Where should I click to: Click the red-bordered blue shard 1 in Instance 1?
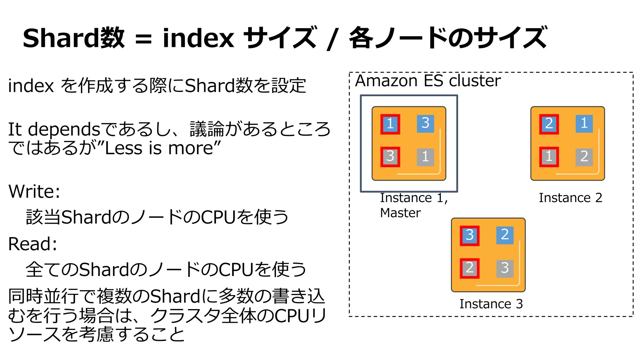[x=390, y=124]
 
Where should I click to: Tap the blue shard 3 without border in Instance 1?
[x=425, y=123]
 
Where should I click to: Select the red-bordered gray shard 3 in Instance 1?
[x=390, y=157]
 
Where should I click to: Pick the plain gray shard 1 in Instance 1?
[x=425, y=157]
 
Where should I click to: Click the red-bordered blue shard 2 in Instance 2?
[x=549, y=124]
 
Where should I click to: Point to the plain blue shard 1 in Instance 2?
[x=584, y=123]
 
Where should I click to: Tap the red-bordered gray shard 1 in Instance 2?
[x=549, y=157]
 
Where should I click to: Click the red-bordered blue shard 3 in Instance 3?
[x=469, y=236]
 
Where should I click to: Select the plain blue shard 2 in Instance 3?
[x=505, y=235]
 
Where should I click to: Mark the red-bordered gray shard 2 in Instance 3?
[x=469, y=268]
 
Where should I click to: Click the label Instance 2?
[x=570, y=198]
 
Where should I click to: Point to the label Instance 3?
[x=491, y=304]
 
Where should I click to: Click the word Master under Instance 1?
[x=400, y=213]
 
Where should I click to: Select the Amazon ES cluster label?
[x=428, y=81]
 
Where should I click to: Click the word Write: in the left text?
[x=34, y=191]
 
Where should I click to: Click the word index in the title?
[x=198, y=38]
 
